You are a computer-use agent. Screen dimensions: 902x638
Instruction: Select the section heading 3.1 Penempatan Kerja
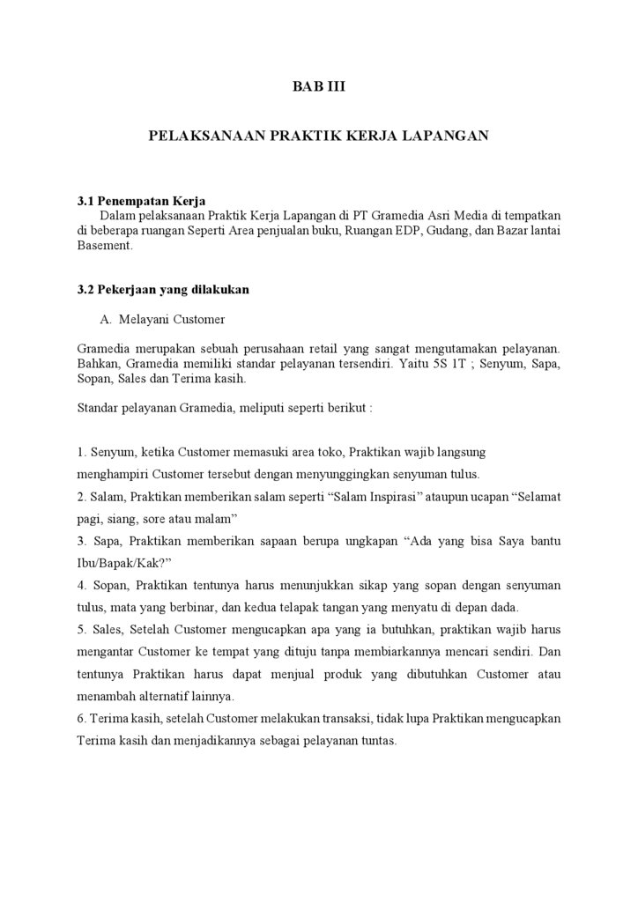point(141,201)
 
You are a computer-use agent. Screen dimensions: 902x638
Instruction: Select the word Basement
point(104,246)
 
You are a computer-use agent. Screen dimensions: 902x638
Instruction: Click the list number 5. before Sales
point(82,630)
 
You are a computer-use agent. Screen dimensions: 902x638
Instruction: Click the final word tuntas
point(375,741)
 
